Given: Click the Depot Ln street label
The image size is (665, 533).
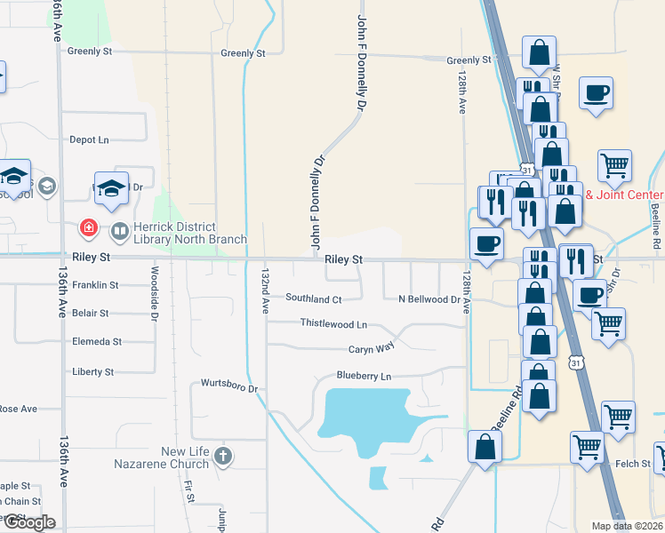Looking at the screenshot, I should [89, 139].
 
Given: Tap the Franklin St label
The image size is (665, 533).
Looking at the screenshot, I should [95, 285].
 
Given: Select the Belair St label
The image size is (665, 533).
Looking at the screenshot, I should [91, 314].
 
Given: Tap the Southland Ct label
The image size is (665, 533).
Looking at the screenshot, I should [313, 299].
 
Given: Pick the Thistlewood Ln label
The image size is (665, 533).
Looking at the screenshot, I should [333, 324].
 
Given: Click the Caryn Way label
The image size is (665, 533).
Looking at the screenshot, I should [371, 350].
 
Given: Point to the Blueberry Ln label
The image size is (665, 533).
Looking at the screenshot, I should [364, 377].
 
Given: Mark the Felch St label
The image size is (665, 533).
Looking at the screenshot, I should [633, 464].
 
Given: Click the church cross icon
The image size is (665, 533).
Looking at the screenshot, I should [223, 456].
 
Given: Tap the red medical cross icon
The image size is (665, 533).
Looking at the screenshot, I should [89, 230].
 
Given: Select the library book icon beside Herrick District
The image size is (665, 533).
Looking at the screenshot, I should [118, 231].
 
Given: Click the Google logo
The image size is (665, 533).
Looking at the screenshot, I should [28, 522].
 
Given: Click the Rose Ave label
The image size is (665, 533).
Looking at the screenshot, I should [18, 409].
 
